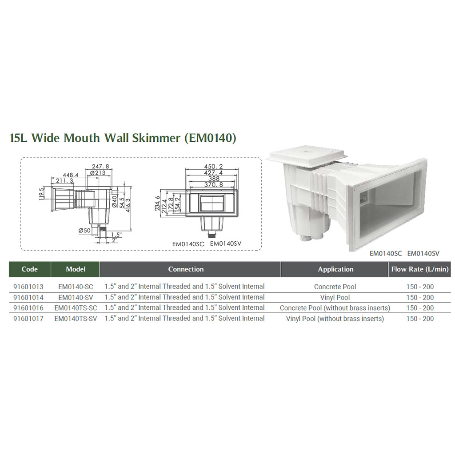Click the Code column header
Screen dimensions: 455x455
tap(30, 269)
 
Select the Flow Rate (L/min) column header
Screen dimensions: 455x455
tap(419, 269)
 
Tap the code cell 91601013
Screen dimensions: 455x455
tap(28, 287)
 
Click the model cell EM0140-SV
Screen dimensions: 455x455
tap(76, 297)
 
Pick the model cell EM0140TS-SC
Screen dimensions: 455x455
tap(76, 308)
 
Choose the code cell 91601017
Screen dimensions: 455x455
tap(28, 319)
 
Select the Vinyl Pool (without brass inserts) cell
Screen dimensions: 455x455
tap(335, 319)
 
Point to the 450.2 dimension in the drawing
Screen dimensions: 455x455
tap(213, 167)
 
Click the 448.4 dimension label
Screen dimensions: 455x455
tap(71, 175)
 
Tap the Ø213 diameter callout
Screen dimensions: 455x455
tap(98, 173)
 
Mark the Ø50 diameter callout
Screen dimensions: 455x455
tap(84, 231)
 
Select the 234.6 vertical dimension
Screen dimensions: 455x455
tap(157, 203)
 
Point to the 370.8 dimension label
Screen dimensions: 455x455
tap(214, 185)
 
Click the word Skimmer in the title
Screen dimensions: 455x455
tap(156, 138)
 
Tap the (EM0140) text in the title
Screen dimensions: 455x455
tap(210, 138)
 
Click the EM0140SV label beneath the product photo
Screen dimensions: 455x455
tap(423, 253)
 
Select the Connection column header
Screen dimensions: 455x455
tap(186, 269)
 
